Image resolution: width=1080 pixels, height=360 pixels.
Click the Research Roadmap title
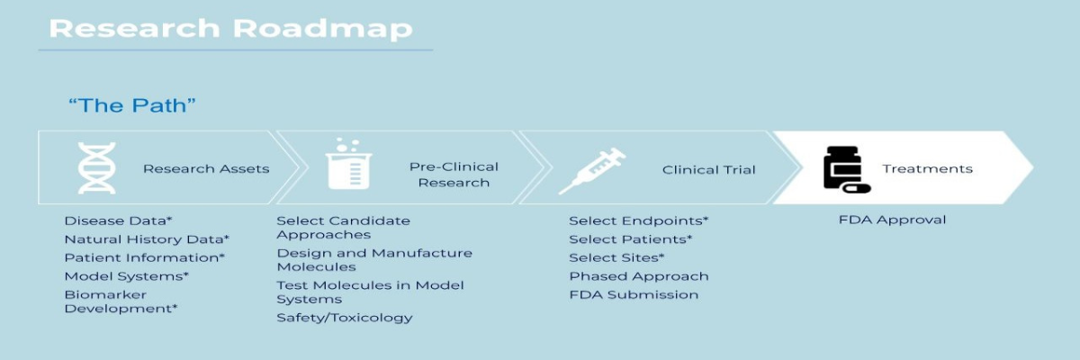[231, 29]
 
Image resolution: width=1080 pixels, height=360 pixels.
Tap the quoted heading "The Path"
[132, 105]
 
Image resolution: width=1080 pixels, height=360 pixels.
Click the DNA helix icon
[97, 168]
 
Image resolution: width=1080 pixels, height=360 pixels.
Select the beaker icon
[348, 164]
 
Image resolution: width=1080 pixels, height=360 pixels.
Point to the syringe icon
[592, 171]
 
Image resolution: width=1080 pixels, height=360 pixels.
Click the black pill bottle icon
[847, 169]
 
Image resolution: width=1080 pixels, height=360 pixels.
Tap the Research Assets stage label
[206, 168]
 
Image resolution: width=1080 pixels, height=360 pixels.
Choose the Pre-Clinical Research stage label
[454, 175]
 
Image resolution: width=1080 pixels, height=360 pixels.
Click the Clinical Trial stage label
[709, 169]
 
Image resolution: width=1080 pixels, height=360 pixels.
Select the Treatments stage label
[928, 168]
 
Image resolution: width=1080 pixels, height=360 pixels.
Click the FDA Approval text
[893, 220]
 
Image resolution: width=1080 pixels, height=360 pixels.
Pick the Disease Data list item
[118, 220]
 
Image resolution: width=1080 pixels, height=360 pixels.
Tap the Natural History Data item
[147, 239]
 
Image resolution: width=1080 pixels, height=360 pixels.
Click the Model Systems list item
[127, 276]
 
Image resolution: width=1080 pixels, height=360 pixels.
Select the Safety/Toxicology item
[345, 318]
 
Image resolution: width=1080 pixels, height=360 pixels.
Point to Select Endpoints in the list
[639, 220]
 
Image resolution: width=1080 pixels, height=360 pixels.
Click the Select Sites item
[616, 257]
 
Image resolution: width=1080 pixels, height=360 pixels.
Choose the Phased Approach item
[639, 276]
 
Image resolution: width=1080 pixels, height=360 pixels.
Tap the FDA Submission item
[634, 294]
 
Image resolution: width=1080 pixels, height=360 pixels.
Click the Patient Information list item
[145, 257]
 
